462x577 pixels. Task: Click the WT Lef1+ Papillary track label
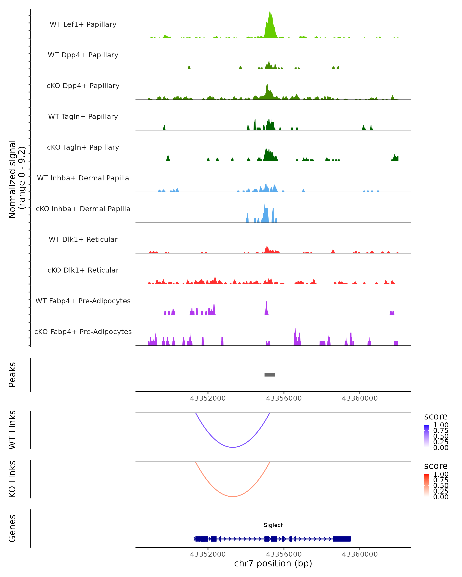click(83, 24)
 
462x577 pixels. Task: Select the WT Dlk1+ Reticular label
click(83, 239)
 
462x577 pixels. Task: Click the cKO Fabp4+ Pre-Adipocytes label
click(83, 332)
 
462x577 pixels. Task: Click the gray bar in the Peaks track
click(270, 375)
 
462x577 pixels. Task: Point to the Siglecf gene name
click(273, 525)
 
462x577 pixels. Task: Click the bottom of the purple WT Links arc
click(233, 447)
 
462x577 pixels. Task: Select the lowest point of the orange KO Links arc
click(233, 496)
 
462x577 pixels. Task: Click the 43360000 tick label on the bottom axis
click(360, 554)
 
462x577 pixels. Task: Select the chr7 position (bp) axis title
click(273, 564)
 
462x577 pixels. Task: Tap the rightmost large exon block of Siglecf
click(342, 539)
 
